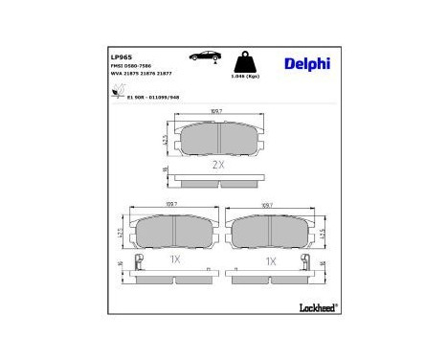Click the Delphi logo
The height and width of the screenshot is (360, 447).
pyautogui.click(x=307, y=64)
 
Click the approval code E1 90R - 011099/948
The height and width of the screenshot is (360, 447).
pyautogui.click(x=156, y=98)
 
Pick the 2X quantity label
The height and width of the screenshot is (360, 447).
pyautogui.click(x=217, y=164)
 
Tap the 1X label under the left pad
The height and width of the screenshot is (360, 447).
pyautogui.click(x=175, y=259)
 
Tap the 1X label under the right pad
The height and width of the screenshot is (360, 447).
pyautogui.click(x=271, y=259)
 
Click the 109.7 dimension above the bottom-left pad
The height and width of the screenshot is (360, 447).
pyautogui.click(x=173, y=205)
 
